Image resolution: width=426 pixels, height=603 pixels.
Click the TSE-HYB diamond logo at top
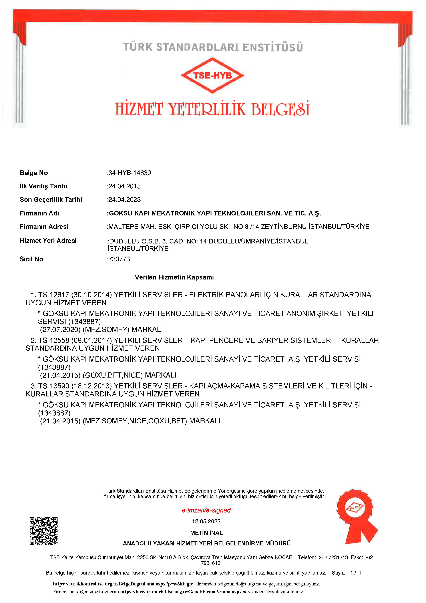coord(212,75)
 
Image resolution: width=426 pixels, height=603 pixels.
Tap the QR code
coord(44,531)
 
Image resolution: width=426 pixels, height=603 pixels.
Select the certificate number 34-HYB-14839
coord(129,173)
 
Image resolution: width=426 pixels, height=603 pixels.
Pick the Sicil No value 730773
coord(119,259)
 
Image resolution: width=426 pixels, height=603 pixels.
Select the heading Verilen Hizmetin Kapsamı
coord(174,277)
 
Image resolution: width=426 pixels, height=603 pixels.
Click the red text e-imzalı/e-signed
coord(206,510)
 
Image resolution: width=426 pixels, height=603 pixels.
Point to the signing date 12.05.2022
coord(206,521)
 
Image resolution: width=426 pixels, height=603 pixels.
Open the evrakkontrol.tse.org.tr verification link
coord(123,584)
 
